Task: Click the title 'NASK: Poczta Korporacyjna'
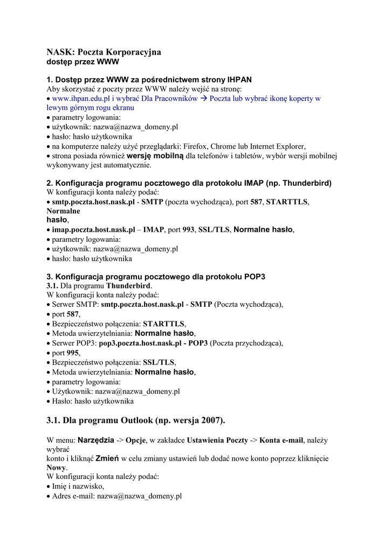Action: [x=104, y=52]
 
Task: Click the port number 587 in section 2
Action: [x=256, y=201]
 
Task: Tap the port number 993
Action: [x=188, y=230]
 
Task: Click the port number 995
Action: [x=72, y=353]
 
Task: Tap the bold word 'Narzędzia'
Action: [x=95, y=440]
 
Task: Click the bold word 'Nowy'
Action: [x=56, y=468]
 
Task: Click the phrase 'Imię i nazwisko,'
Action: [x=78, y=486]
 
